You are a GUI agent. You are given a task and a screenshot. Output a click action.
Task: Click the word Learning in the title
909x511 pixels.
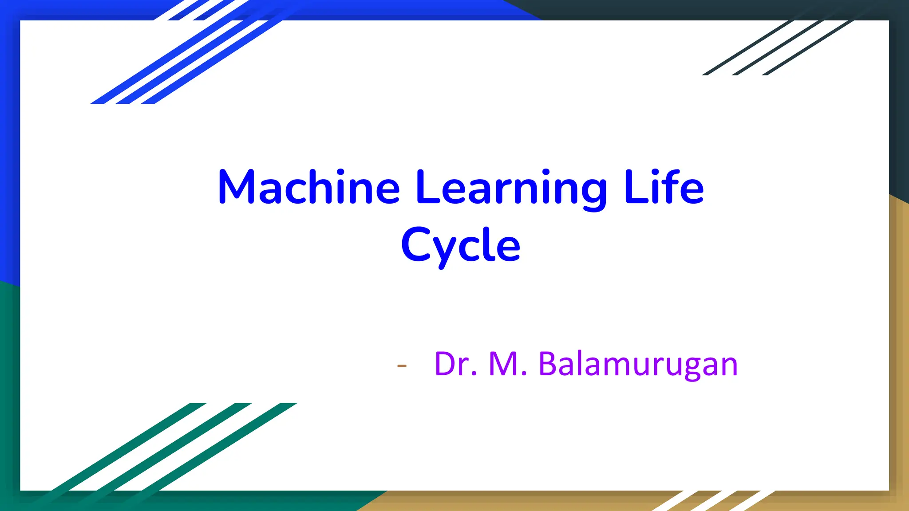click(511, 189)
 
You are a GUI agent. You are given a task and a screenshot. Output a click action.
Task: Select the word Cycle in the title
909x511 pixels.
click(460, 245)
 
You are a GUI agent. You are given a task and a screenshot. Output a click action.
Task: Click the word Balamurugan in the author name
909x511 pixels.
click(638, 364)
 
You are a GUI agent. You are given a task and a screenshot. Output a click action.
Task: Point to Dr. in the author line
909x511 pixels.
click(456, 364)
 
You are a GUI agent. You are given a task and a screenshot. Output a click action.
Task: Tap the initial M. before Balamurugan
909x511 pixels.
click(508, 364)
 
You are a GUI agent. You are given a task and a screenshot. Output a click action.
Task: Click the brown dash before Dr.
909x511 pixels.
click(402, 366)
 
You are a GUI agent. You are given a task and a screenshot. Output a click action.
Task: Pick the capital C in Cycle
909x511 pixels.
click(416, 244)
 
